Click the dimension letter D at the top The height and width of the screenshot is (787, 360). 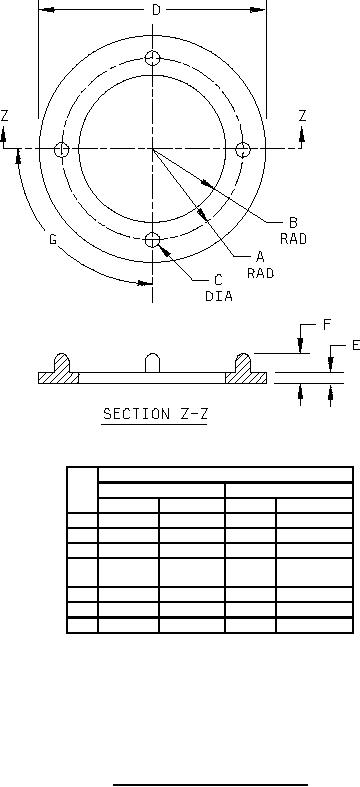tap(156, 10)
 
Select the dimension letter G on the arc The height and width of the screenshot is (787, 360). tap(53, 239)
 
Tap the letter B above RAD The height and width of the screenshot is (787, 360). tap(293, 222)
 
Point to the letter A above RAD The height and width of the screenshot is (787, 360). tap(260, 257)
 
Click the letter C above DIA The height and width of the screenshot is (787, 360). tap(218, 280)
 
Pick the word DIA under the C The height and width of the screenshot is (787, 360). tap(219, 296)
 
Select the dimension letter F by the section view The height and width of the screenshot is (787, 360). tap(327, 325)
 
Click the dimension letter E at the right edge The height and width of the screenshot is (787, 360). tap(355, 345)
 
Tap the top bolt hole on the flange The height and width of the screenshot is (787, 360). tap(153, 58)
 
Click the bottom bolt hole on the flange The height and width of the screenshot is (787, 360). tap(153, 240)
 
